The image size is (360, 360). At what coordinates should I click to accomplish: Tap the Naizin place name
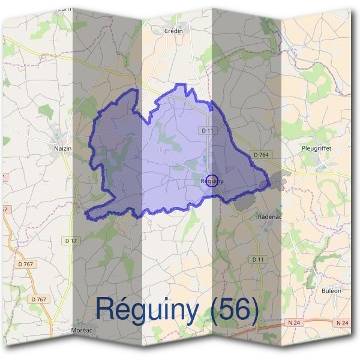[62, 147]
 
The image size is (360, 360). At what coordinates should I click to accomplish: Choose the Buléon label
[331, 290]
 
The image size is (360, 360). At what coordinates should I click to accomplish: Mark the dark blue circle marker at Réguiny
[211, 180]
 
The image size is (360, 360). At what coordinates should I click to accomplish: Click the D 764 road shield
[261, 155]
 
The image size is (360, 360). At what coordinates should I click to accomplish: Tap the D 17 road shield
[71, 241]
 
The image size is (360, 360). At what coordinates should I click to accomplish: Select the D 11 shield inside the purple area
[208, 130]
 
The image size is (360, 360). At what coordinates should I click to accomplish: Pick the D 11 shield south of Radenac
[258, 259]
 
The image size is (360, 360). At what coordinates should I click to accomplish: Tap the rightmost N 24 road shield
[343, 323]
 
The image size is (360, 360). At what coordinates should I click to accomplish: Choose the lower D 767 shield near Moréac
[38, 298]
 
